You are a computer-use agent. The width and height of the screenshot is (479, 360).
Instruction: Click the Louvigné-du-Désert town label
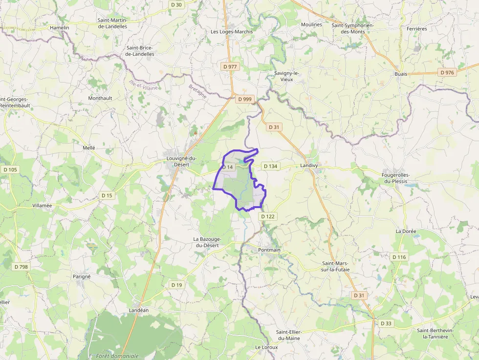pyautogui.click(x=181, y=161)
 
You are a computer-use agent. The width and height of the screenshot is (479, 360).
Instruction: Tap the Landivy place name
pyautogui.click(x=309, y=166)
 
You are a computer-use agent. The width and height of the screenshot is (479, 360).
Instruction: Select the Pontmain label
pyautogui.click(x=269, y=250)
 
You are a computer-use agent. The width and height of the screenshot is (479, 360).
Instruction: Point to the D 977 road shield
pyautogui.click(x=229, y=66)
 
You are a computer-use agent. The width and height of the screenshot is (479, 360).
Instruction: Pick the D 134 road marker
pyautogui.click(x=270, y=166)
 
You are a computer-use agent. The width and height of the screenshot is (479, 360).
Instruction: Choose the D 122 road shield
pyautogui.click(x=268, y=216)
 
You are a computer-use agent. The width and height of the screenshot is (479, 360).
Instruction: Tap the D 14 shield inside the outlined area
pyautogui.click(x=228, y=167)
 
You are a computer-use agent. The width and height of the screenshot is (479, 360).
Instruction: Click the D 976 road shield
pyautogui.click(x=447, y=72)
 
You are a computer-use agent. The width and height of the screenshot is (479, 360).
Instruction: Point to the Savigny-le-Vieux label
pyautogui.click(x=286, y=76)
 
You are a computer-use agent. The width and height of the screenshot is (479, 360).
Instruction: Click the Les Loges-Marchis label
pyautogui.click(x=232, y=32)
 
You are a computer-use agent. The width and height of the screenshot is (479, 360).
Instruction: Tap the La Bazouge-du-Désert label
pyautogui.click(x=207, y=242)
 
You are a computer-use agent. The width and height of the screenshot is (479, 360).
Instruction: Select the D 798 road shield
pyautogui.click(x=22, y=267)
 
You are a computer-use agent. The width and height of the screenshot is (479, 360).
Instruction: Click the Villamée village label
pyautogui.click(x=42, y=206)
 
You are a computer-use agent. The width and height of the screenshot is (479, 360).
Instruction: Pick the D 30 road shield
pyautogui.click(x=176, y=4)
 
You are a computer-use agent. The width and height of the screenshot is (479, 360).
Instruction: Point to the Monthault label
pyautogui.click(x=100, y=98)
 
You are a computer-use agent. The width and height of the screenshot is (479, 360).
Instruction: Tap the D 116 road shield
pyautogui.click(x=399, y=257)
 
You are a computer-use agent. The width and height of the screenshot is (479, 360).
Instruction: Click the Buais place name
pyautogui.click(x=401, y=74)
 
